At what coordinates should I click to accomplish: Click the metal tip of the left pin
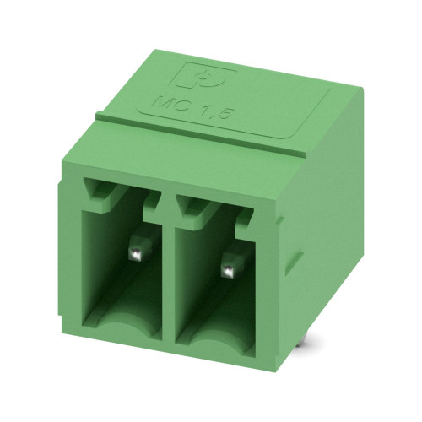pyautogui.click(x=136, y=254)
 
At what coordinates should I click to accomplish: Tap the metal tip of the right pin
pyautogui.click(x=229, y=270)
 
